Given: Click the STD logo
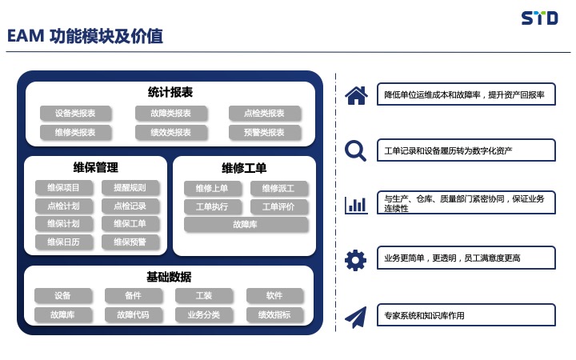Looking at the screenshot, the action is coord(539,18).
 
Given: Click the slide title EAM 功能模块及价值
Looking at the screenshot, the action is coord(85,36).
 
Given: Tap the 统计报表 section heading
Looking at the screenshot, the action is coord(170,92).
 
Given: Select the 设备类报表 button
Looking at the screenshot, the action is coord(75,113).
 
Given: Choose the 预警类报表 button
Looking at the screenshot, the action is coord(265,132).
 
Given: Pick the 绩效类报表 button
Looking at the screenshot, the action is coord(171,132).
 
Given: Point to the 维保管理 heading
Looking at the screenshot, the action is coord(95,167).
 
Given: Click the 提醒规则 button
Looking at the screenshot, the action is coord(130,188).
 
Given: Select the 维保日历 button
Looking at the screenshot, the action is coord(63,242).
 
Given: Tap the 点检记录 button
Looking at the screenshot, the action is coord(130,206).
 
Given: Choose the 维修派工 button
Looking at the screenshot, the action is coord(278,189).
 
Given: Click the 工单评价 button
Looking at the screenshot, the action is coord(278,207).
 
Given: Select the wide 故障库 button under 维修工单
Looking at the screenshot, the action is coord(246,225).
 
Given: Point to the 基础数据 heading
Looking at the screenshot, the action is coord(169,277).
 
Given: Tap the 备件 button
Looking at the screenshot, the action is coord(133,296).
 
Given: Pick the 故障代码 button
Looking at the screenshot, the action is coord(133,315).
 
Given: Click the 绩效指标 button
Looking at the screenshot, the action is coord(274,315).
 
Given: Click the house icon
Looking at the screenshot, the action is coord(356,95).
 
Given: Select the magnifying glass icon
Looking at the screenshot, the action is coord(355,151).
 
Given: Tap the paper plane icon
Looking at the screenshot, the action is coord(355,318).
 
